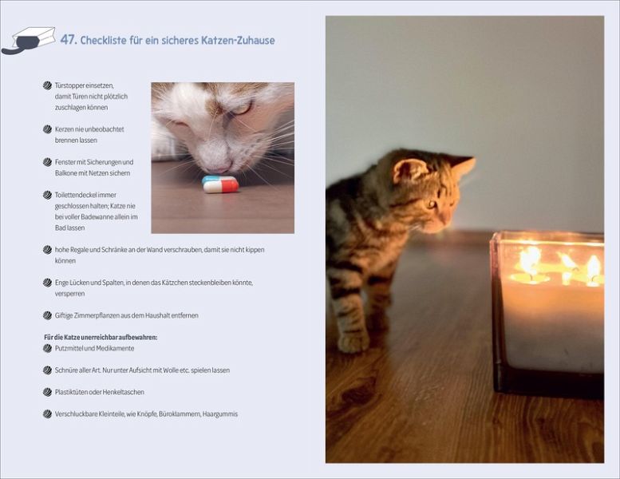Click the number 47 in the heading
point(68,40)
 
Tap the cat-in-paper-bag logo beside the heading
point(28,41)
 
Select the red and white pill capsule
point(221,186)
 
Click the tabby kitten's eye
point(431,204)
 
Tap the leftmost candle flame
point(530,259)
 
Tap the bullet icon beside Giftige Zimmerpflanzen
point(47,315)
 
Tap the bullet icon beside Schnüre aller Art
point(47,370)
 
